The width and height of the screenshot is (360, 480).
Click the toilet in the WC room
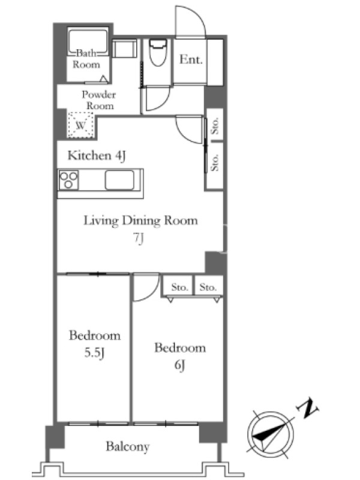click(158, 52)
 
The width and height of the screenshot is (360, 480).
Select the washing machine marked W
click(80, 125)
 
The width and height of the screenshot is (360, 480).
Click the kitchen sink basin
click(119, 180)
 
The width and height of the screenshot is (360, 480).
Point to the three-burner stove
click(68, 180)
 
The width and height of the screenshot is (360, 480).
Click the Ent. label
click(191, 59)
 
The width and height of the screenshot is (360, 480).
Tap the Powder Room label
click(98, 100)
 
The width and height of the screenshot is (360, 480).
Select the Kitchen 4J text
click(97, 155)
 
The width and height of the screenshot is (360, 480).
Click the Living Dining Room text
click(141, 221)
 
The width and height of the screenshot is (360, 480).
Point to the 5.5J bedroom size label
click(95, 353)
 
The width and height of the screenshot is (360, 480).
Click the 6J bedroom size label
click(179, 365)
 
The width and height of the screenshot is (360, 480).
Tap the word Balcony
click(128, 446)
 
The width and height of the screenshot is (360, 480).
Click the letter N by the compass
click(307, 408)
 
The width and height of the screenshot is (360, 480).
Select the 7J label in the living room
click(139, 239)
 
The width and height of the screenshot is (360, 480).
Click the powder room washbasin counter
click(125, 49)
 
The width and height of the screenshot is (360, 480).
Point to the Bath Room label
click(86, 59)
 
